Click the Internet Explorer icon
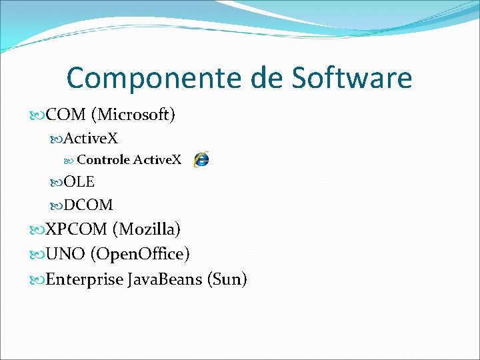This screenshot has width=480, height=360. pyautogui.click(x=200, y=159)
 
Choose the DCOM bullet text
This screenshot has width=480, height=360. pyautogui.click(x=88, y=204)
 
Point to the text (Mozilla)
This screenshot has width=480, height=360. pyautogui.click(x=147, y=229)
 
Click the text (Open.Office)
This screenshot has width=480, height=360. pyautogui.click(x=140, y=254)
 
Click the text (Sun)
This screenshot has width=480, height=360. pyautogui.click(x=227, y=279)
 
